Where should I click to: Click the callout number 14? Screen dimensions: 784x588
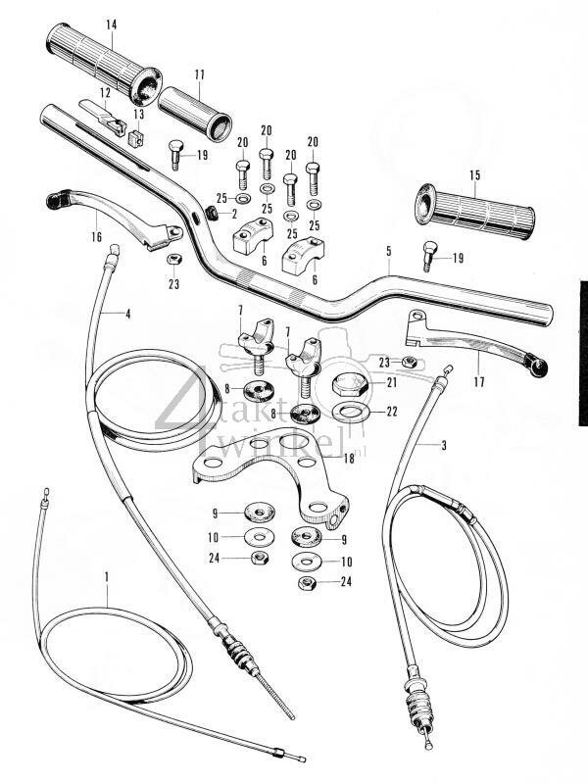click(x=110, y=23)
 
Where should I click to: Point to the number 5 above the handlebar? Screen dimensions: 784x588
click(x=388, y=252)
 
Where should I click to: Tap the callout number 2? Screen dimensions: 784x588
click(x=233, y=213)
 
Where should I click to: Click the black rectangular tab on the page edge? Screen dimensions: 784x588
click(x=581, y=353)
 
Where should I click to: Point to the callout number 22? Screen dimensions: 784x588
click(x=391, y=412)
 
